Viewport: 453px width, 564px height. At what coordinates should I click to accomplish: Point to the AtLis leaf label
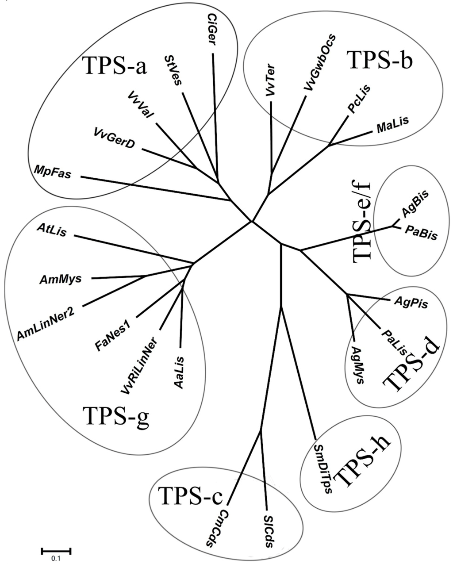tap(52, 230)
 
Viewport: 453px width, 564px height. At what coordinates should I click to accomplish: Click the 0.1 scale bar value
tap(56, 558)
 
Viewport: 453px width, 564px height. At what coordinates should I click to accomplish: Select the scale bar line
tap(56, 551)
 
